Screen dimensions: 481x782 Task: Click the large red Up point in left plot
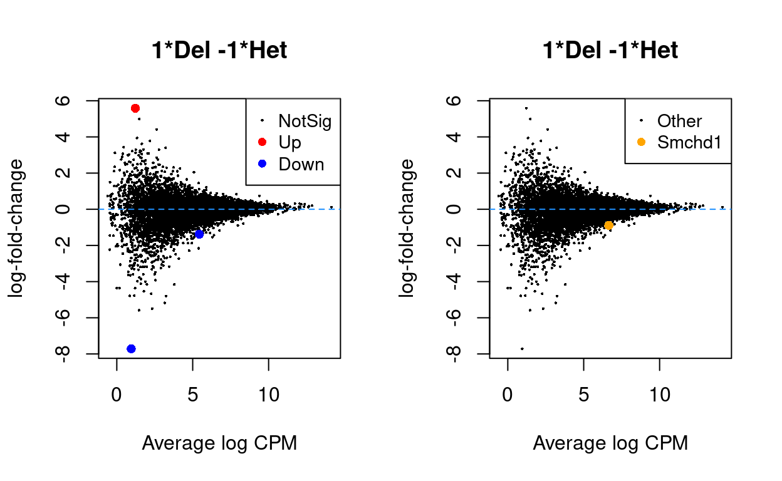coord(135,108)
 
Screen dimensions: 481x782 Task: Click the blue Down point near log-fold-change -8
coord(131,349)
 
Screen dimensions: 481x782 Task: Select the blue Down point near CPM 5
coord(199,234)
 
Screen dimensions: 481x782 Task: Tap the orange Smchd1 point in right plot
coord(608,225)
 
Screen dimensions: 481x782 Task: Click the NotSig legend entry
coord(305,121)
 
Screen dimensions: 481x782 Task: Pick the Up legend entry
coord(290,143)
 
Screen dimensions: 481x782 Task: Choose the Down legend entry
coord(301,164)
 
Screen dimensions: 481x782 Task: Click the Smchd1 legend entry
coord(689,143)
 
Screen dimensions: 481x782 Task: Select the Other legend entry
coord(679,121)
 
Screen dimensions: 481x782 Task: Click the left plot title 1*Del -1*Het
coord(219,50)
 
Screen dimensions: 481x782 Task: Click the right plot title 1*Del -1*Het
coord(610,50)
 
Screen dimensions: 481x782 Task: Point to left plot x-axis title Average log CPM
coord(219,443)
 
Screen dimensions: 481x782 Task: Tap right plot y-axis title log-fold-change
coord(407,228)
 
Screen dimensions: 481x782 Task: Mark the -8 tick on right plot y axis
coord(456,354)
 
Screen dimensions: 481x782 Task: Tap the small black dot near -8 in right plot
coord(522,348)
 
